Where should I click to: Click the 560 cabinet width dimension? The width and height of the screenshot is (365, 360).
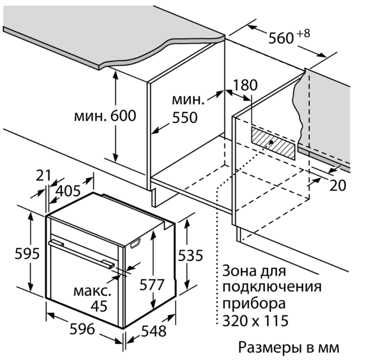pyautogui.click(x=281, y=38)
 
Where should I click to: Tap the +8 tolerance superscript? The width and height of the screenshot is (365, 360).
pyautogui.click(x=303, y=33)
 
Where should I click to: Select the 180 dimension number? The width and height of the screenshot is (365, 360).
pyautogui.click(x=245, y=85)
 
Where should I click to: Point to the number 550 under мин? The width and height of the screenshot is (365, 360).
pyautogui.click(x=185, y=117)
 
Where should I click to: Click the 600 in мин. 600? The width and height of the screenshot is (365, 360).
pyautogui.click(x=123, y=116)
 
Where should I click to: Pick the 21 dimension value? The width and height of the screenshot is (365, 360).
pyautogui.click(x=43, y=175)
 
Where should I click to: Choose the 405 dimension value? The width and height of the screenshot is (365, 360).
pyautogui.click(x=68, y=191)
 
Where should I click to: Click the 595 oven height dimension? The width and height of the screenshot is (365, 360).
pyautogui.click(x=27, y=254)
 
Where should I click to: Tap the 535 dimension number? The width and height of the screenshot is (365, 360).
pyautogui.click(x=191, y=256)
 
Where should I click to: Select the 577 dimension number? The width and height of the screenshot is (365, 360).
pyautogui.click(x=152, y=284)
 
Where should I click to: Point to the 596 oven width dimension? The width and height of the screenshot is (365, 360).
pyautogui.click(x=83, y=329)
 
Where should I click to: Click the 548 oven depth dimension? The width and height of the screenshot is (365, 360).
pyautogui.click(x=154, y=331)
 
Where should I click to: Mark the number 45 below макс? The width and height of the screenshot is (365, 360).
pyautogui.click(x=99, y=306)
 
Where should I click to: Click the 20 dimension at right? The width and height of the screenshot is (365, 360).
pyautogui.click(x=338, y=186)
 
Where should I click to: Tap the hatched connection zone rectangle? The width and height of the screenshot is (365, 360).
pyautogui.click(x=273, y=143)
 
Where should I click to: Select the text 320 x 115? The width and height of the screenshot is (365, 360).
pyautogui.click(x=256, y=321)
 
